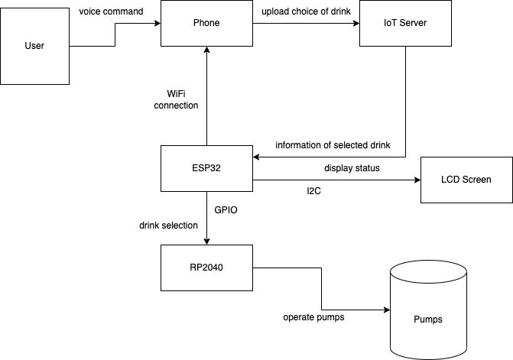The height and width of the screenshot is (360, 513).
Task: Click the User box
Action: [35, 46]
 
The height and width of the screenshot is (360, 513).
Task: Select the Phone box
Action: [206, 23]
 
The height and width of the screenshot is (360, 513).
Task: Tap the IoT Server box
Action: [404, 23]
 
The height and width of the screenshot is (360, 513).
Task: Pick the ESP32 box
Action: [206, 168]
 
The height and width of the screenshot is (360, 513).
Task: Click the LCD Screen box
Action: [466, 180]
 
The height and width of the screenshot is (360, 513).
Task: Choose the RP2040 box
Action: [206, 267]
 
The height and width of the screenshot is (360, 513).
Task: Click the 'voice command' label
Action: [111, 11]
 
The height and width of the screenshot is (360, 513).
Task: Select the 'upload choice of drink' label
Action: [305, 11]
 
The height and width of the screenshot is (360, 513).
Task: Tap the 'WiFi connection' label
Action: [176, 99]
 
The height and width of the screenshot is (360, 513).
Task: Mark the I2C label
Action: [313, 191]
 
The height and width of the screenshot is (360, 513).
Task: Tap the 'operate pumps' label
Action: [313, 317]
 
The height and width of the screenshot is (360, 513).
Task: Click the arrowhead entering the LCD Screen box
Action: [417, 180]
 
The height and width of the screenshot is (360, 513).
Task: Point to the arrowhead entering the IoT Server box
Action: [356, 23]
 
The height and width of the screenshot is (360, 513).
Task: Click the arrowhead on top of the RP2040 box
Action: [206, 241]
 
